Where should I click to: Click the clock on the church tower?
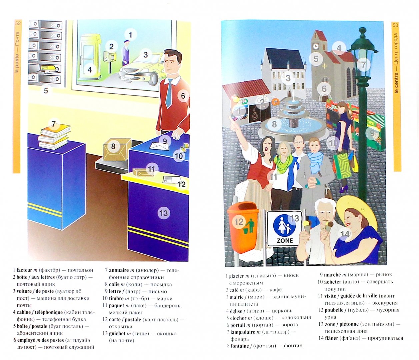(x=315, y=46)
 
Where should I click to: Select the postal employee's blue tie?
(x=169, y=93)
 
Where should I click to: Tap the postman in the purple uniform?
(x=126, y=53)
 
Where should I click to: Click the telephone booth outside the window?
(x=90, y=57)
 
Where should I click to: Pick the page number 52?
(x=18, y=23)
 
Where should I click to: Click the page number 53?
(x=395, y=25)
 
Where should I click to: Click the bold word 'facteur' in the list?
(x=24, y=270)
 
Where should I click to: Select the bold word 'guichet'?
(x=117, y=333)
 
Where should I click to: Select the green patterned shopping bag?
(x=343, y=166)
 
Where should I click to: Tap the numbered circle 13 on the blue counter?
(x=164, y=213)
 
